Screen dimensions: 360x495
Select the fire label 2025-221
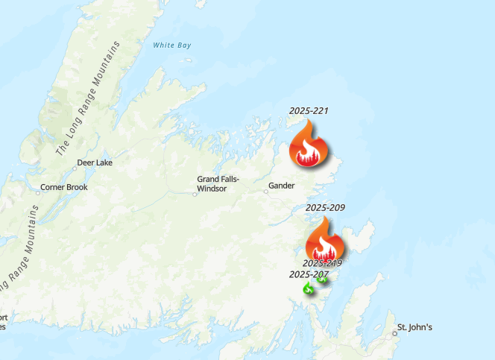(309, 111)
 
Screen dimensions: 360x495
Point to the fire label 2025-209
(325, 207)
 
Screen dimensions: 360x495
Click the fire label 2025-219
(322, 263)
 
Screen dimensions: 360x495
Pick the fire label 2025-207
(309, 274)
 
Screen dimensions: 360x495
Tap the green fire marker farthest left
(308, 288)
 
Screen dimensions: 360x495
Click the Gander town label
(282, 186)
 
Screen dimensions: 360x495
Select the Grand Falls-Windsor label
(217, 183)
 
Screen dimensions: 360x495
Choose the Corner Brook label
(63, 187)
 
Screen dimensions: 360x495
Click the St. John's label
(414, 327)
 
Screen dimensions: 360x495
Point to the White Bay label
(172, 45)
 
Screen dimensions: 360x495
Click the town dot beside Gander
(265, 191)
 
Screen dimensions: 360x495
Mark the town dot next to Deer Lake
(74, 168)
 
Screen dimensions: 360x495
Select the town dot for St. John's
(395, 333)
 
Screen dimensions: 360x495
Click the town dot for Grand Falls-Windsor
(195, 194)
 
